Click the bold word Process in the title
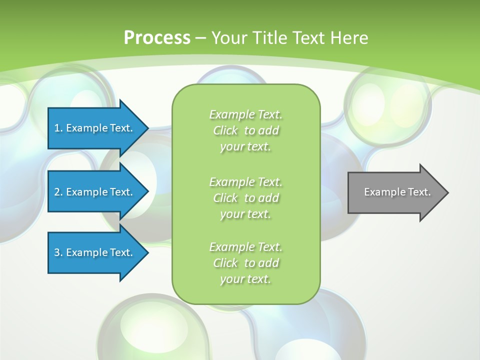[157, 38]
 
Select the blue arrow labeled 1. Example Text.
[94, 128]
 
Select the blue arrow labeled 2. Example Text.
[94, 192]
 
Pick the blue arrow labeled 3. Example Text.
[94, 252]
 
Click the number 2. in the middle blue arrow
[58, 192]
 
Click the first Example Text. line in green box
[245, 114]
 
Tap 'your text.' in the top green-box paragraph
[245, 147]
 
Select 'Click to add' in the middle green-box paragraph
[245, 198]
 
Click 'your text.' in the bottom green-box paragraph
[245, 279]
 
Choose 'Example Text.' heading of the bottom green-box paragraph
[245, 247]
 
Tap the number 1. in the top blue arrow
[58, 128]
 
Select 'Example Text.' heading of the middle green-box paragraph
[245, 181]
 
